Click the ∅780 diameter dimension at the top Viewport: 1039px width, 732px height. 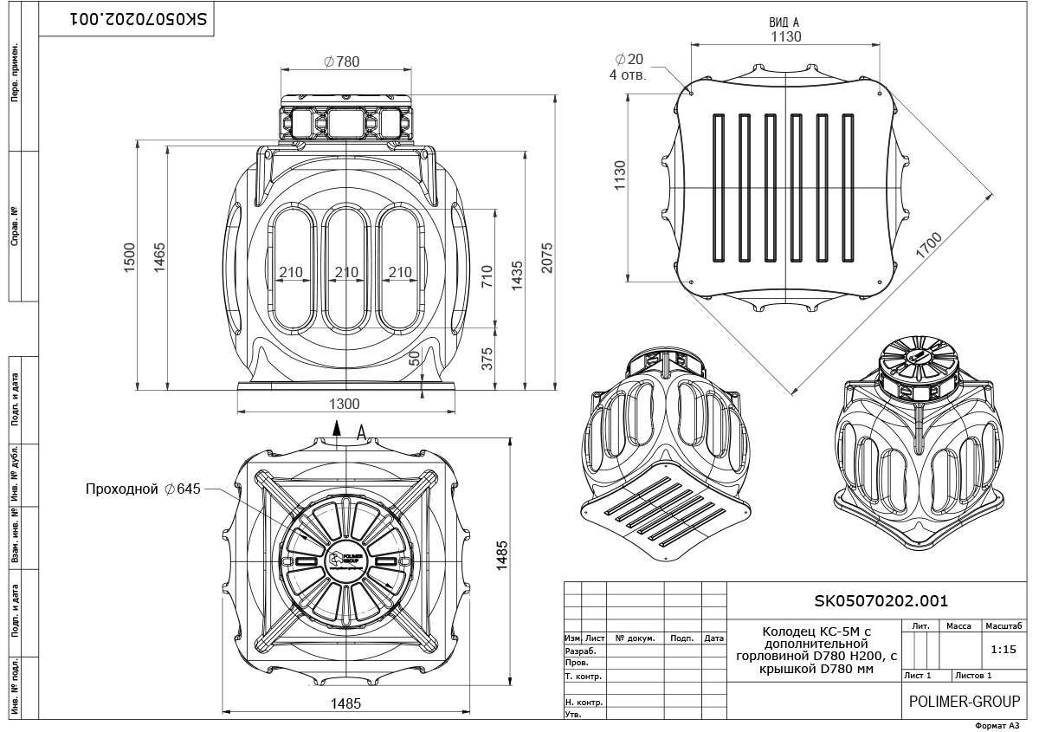pos(341,62)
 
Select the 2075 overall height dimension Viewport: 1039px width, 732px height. pos(546,258)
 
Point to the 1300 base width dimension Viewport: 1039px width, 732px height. pos(344,404)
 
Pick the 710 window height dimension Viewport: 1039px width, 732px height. pos(487,275)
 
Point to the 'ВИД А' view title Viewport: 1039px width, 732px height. pos(785,23)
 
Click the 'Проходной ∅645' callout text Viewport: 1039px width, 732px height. pos(143,489)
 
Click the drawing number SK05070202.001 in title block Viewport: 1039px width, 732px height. pos(881,599)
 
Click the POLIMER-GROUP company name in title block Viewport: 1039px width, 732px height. pos(964,702)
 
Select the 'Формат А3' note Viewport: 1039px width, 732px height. pos(998,725)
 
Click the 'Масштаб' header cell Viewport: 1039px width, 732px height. pos(1004,625)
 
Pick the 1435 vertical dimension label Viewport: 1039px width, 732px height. pos(517,275)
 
